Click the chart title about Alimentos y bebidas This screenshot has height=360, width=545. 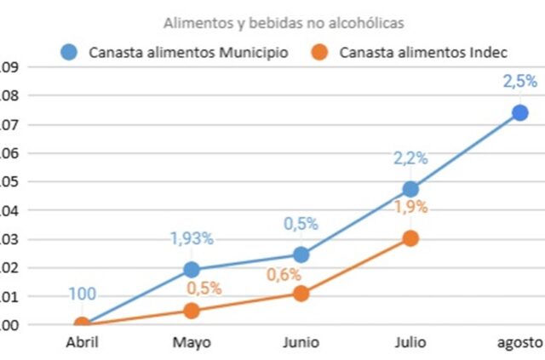[272, 23]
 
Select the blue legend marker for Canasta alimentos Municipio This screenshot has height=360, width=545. [72, 52]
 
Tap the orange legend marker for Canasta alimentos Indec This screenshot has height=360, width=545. [320, 52]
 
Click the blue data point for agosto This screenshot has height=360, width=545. [519, 113]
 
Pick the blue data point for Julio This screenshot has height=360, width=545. [410, 189]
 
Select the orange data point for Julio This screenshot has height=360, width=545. [410, 238]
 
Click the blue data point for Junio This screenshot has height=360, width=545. [301, 254]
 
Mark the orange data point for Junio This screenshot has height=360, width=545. [301, 294]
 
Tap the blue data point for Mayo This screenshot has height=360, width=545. [192, 270]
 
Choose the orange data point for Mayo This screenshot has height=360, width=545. [192, 311]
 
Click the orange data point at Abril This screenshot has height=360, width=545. [82, 324]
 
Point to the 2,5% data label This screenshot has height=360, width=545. [519, 82]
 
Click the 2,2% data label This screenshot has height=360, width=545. [410, 157]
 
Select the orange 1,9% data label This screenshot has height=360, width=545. [410, 207]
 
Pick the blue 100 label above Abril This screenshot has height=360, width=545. [82, 294]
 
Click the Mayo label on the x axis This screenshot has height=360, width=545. [192, 342]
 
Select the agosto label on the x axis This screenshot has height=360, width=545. [519, 342]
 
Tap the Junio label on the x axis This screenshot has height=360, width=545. [301, 342]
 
